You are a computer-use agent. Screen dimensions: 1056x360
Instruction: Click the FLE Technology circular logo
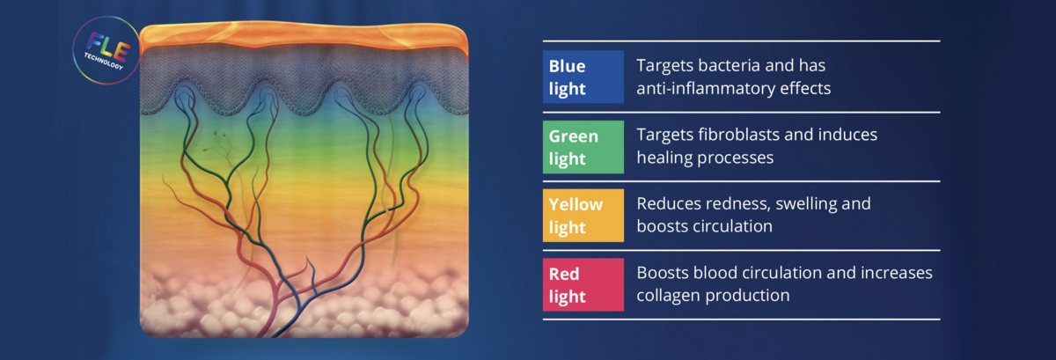(x=106, y=50)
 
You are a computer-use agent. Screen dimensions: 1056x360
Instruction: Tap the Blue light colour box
(x=583, y=77)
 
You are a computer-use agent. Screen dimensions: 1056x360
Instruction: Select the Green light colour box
(x=583, y=147)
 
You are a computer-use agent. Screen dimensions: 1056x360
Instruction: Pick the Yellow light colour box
(x=583, y=216)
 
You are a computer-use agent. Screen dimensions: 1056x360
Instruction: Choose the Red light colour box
(x=583, y=284)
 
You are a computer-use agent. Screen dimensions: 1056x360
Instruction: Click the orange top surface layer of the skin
(x=304, y=35)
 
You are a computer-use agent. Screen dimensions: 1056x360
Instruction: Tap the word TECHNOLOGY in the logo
(x=103, y=62)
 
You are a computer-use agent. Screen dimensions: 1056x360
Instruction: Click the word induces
(x=847, y=135)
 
